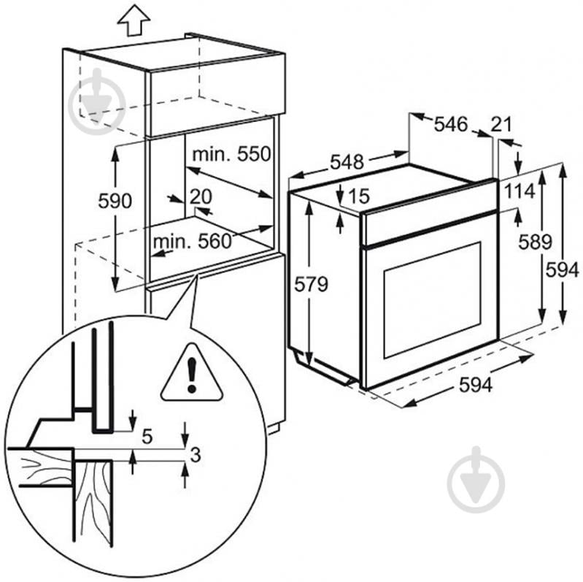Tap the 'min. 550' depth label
point(231,155)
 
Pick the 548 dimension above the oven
point(346,163)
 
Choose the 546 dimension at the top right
point(450,124)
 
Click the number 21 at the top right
point(501,125)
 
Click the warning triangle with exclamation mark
point(191,373)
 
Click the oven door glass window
point(431,299)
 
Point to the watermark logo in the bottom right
point(476,478)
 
